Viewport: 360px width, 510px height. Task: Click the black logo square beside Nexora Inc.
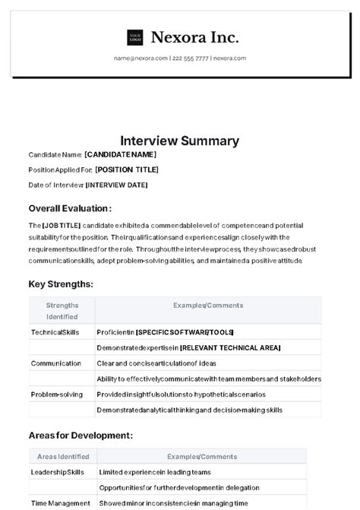click(x=135, y=37)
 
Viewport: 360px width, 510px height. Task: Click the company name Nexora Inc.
click(x=194, y=37)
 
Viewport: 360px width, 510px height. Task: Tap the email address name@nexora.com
click(x=141, y=58)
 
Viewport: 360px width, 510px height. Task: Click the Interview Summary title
click(x=179, y=141)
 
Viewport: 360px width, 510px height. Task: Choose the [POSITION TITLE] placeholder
click(x=127, y=169)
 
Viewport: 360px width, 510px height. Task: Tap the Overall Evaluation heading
click(x=70, y=208)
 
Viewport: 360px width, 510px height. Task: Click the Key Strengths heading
click(x=61, y=284)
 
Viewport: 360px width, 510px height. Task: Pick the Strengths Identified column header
click(x=62, y=311)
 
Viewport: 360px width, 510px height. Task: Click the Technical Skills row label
click(x=55, y=332)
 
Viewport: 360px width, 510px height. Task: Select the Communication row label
click(x=55, y=363)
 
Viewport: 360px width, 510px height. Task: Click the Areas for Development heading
click(x=81, y=436)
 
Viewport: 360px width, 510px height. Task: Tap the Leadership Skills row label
click(x=57, y=472)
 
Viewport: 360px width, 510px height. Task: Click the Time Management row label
click(x=60, y=503)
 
